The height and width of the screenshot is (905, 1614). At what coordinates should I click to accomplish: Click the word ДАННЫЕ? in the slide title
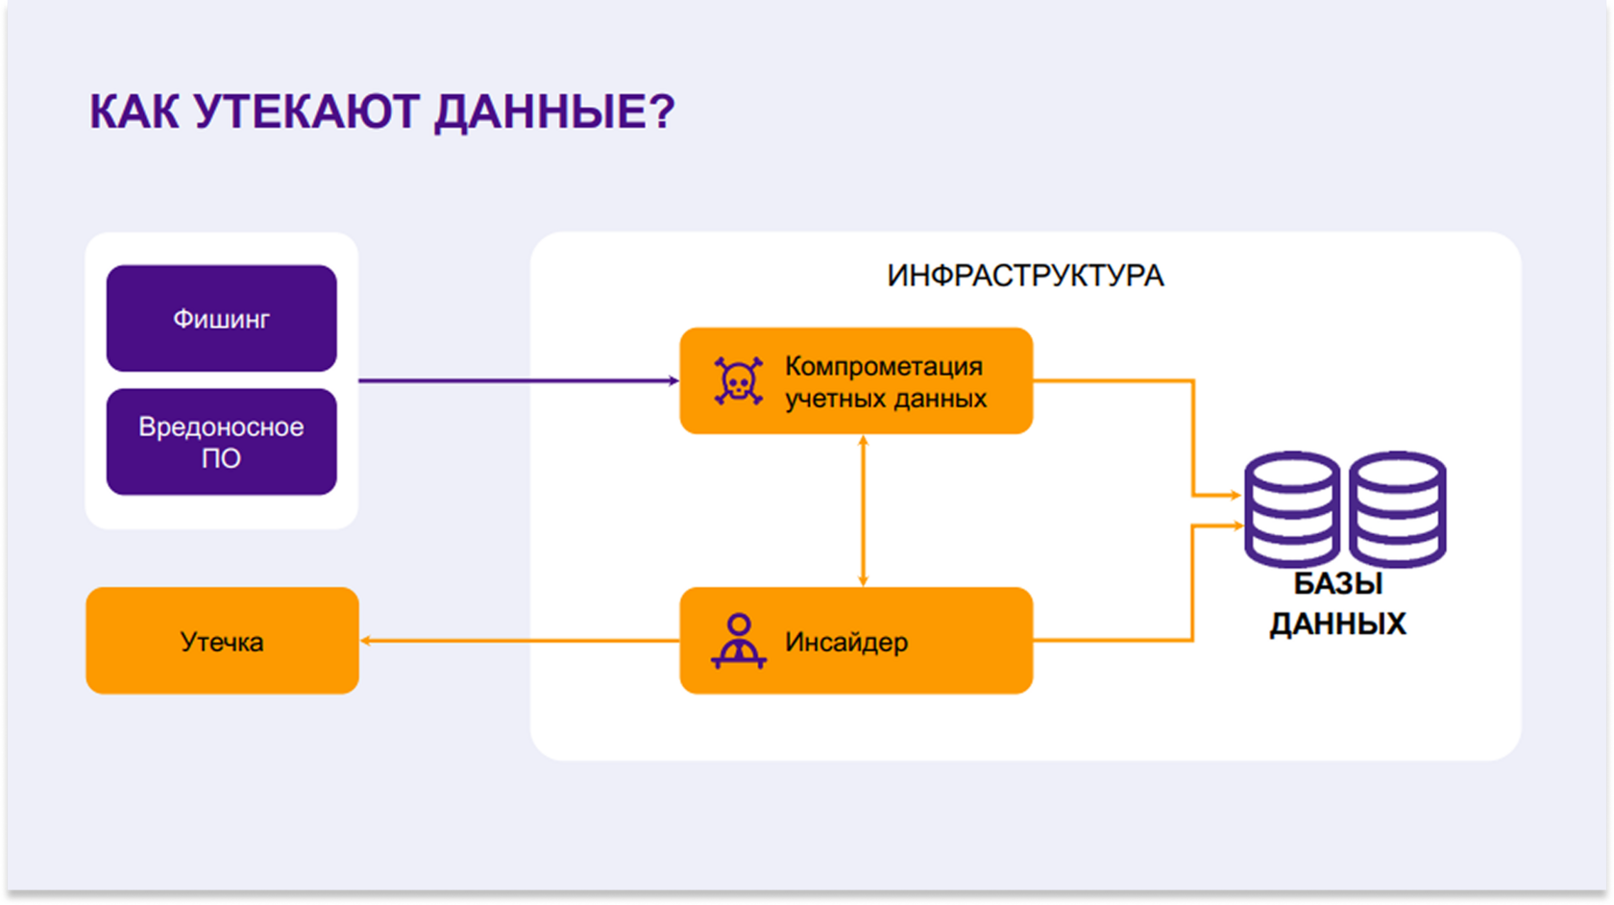point(555,112)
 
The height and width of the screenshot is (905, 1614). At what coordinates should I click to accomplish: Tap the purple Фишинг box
point(222,319)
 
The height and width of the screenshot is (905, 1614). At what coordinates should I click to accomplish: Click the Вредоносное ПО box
point(222,442)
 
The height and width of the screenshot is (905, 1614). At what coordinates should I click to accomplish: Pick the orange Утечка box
point(222,641)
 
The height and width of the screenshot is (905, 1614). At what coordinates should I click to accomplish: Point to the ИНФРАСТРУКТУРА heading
point(1025,276)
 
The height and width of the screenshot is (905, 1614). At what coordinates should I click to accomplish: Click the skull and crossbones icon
point(739,381)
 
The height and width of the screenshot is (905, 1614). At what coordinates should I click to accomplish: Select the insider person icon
point(739,641)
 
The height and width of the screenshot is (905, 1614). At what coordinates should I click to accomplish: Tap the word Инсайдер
point(846,642)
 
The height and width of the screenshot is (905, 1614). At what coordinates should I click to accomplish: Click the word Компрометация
point(884,367)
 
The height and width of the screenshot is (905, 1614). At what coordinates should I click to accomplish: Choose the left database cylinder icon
point(1292,509)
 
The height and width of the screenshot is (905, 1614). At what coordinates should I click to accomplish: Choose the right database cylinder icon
point(1398,509)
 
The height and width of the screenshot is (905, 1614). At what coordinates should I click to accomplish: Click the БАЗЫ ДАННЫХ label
point(1338,603)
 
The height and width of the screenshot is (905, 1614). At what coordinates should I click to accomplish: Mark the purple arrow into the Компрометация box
point(519,380)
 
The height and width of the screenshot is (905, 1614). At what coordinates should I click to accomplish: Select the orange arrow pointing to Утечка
point(520,641)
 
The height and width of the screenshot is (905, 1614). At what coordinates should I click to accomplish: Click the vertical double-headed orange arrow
point(863,511)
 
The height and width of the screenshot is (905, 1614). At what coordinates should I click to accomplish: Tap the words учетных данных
point(886,399)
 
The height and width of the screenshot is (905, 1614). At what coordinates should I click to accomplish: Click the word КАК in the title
point(134,111)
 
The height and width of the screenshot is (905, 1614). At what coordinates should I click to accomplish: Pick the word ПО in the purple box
point(221,459)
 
